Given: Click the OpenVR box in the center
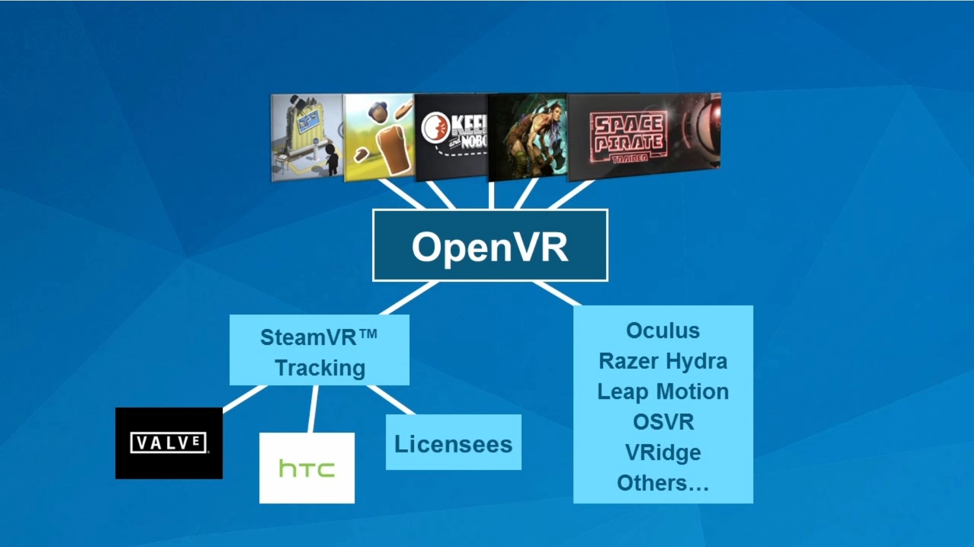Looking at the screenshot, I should [x=490, y=246].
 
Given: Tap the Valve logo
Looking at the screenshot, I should [x=169, y=443].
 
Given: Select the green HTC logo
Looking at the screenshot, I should [x=307, y=468].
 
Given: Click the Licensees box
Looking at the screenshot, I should [x=453, y=443].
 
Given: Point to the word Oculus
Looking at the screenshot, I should [x=663, y=331].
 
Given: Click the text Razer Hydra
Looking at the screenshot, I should [x=663, y=361].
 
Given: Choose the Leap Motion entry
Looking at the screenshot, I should [x=663, y=392].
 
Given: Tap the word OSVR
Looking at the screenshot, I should [x=663, y=422].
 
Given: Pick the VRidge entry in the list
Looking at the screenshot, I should [x=663, y=453].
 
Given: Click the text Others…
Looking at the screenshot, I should [x=663, y=483].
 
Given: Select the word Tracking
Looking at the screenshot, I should [x=320, y=368].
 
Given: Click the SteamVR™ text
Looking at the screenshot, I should [x=318, y=338].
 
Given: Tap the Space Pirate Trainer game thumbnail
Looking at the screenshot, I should [x=644, y=137].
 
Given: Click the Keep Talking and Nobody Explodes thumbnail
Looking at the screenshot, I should [x=452, y=137].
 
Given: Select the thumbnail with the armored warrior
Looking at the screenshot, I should [x=528, y=137].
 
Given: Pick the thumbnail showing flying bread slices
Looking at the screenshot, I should [x=378, y=137].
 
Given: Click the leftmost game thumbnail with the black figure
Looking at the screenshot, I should [x=307, y=137].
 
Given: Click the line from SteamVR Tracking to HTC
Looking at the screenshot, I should [x=313, y=409].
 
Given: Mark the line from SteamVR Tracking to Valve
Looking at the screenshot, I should [x=244, y=398].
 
